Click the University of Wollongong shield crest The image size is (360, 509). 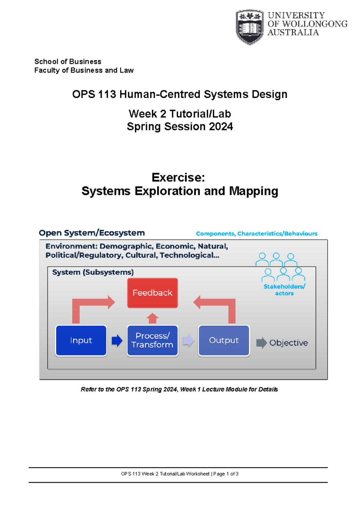[250, 27]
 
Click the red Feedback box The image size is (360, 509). [152, 293]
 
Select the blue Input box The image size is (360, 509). [81, 340]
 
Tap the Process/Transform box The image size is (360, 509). [152, 340]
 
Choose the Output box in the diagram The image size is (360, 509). [224, 340]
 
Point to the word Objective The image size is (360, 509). [288, 343]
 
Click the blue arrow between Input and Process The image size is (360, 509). [117, 341]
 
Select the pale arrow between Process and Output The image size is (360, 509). [188, 341]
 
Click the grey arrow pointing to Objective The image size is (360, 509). [261, 343]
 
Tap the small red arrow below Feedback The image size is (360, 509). [152, 318]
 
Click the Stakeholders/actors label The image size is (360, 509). [284, 290]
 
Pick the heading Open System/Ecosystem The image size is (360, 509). [92, 233]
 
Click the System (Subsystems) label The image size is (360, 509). [93, 272]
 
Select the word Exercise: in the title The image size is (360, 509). [178, 177]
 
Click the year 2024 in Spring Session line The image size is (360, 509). [221, 126]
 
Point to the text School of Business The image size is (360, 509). [68, 62]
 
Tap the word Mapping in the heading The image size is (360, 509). [253, 191]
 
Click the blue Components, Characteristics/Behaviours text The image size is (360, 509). [256, 233]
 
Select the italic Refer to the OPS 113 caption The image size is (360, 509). [179, 389]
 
